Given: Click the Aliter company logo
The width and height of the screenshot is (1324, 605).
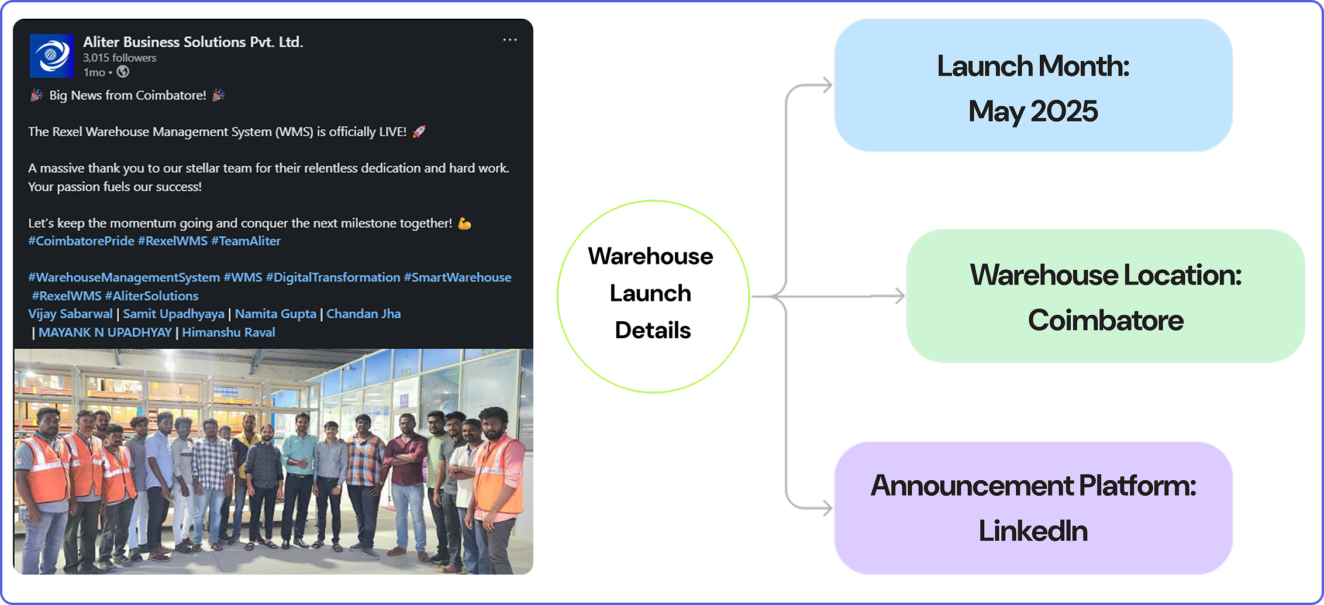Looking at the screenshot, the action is (x=52, y=56).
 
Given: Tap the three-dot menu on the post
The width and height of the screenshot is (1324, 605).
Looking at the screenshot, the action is (x=510, y=40).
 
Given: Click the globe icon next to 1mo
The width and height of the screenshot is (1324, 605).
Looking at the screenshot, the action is (x=123, y=72).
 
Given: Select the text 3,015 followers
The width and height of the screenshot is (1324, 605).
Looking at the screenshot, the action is (x=120, y=58).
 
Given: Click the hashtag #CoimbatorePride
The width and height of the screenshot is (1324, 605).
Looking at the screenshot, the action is (x=81, y=241).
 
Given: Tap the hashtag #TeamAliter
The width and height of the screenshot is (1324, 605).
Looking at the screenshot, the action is (x=246, y=241).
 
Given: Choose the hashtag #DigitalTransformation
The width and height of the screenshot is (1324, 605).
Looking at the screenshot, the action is (x=333, y=277).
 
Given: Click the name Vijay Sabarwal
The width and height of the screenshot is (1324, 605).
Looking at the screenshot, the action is (x=70, y=314).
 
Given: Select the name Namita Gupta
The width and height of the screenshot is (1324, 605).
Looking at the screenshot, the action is (x=275, y=314).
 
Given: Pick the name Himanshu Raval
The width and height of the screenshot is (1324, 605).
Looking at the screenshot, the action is (x=228, y=332).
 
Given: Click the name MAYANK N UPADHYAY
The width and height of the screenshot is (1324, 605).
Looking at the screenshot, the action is (x=105, y=332).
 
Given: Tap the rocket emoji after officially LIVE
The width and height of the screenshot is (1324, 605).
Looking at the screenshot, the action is (x=419, y=132).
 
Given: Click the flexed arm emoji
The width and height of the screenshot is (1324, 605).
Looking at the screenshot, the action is (x=464, y=224).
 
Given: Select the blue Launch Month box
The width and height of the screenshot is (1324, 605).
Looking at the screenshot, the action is (x=1033, y=85).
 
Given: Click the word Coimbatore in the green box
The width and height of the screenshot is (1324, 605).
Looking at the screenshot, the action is (x=1105, y=321).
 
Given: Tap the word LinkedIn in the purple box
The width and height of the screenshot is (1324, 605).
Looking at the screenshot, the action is (x=1033, y=531).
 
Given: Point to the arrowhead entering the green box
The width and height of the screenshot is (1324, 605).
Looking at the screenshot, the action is (x=899, y=296).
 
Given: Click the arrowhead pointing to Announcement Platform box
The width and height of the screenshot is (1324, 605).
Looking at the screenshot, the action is (x=827, y=507).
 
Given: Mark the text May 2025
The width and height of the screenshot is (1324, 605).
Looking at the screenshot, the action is (x=1033, y=111).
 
